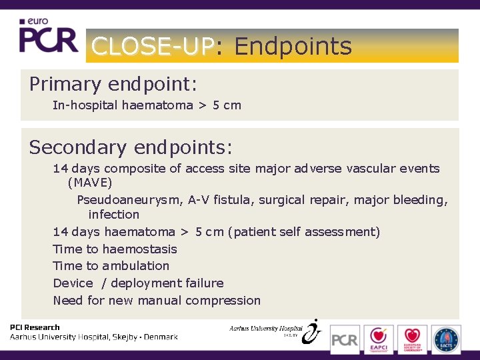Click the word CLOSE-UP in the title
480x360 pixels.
point(153,46)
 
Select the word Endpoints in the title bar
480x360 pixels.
point(293,46)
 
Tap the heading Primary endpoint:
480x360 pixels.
point(113,85)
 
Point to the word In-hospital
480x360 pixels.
point(85,105)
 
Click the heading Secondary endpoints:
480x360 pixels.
point(130,147)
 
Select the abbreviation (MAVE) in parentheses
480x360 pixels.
point(90,183)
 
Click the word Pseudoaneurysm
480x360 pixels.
point(129,200)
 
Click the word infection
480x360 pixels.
point(114,215)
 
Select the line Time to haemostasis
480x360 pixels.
point(115,249)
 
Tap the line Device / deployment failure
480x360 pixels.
point(138,283)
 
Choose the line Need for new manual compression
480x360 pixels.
point(157,301)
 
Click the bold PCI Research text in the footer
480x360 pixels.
point(35,327)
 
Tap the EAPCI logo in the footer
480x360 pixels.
point(379,339)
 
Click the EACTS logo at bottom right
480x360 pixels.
point(445,339)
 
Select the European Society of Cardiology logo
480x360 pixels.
point(412,339)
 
